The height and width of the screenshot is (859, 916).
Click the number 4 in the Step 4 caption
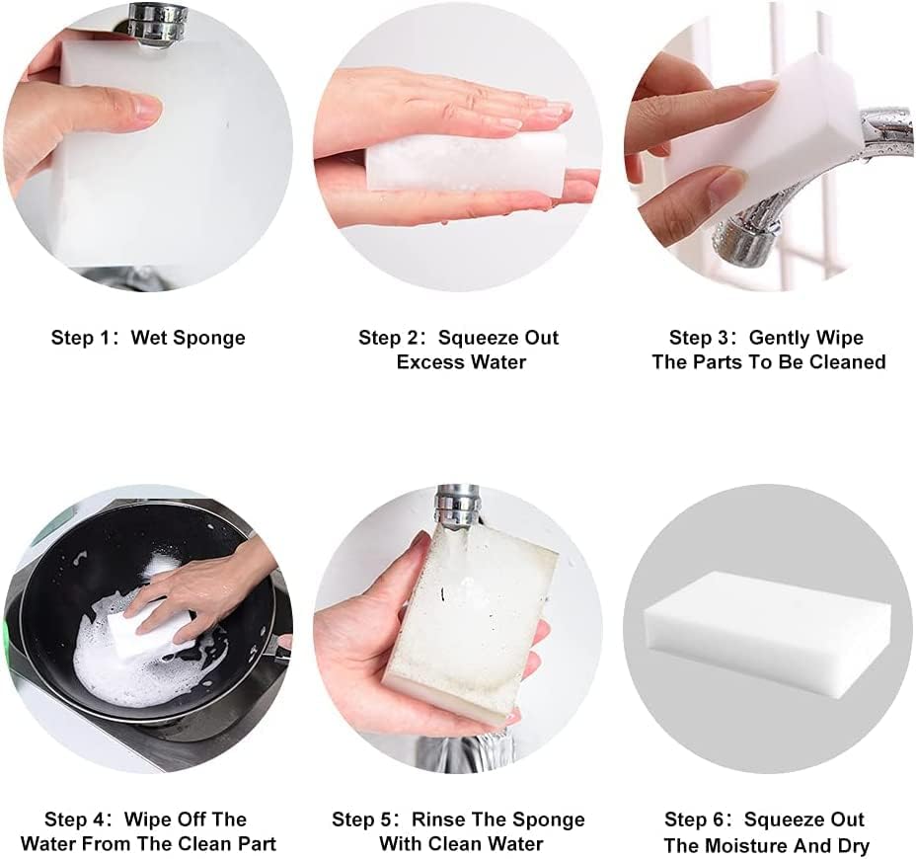pyautogui.click(x=98, y=820)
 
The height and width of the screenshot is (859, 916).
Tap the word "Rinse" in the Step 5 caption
pyautogui.click(x=437, y=820)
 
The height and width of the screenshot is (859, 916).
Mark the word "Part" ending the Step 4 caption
pyautogui.click(x=257, y=844)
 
